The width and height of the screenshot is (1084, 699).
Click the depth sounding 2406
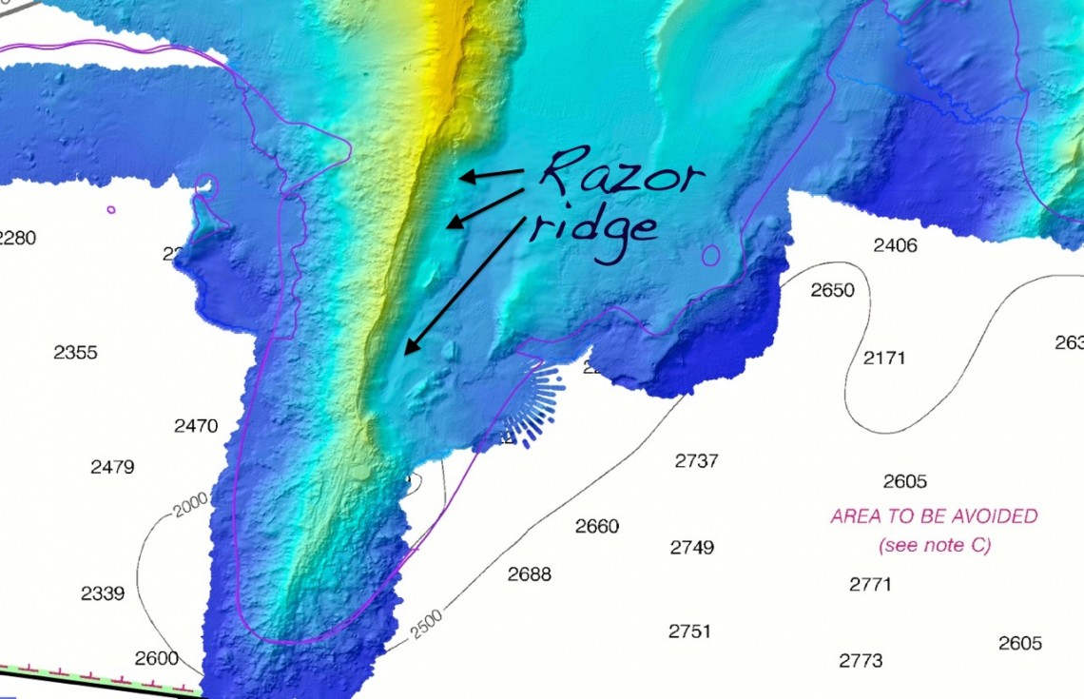(895, 245)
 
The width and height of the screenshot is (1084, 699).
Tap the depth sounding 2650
(832, 290)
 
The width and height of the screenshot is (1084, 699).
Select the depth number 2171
(884, 358)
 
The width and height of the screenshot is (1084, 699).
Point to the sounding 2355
(75, 352)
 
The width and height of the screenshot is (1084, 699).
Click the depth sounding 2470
(196, 426)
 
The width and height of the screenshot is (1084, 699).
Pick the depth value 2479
(112, 467)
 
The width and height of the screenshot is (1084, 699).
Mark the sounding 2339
(103, 593)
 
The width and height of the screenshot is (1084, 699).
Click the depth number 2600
(156, 658)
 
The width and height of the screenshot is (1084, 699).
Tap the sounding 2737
(696, 460)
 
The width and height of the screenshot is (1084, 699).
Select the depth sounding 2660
(597, 526)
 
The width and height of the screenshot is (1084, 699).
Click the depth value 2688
(529, 573)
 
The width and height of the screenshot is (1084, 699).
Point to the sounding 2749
(691, 547)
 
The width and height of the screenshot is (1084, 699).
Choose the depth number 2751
(689, 631)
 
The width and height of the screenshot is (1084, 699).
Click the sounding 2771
(870, 584)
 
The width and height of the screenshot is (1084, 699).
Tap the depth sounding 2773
(861, 660)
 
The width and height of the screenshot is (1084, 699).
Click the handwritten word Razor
(622, 176)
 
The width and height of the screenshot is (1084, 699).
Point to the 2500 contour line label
(427, 625)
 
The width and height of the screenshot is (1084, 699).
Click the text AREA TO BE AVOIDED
(934, 516)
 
